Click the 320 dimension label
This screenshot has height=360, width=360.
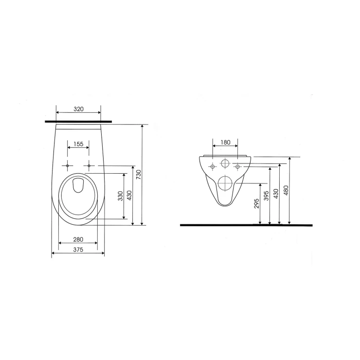78,109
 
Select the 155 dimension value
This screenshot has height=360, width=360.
78,144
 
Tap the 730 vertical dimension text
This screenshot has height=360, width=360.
138,175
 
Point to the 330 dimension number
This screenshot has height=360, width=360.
121,196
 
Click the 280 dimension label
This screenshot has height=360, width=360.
78,239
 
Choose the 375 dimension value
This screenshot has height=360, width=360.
78,250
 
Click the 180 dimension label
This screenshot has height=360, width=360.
225,143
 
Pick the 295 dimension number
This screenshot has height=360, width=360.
257,203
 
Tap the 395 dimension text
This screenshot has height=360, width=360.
266,196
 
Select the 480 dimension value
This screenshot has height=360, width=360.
286,190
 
